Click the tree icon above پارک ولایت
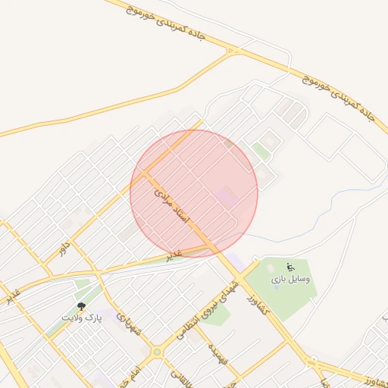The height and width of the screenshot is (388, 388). pos(82,306)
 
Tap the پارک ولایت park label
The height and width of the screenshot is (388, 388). pos(82,317)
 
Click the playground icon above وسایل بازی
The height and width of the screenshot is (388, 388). pos(289,267)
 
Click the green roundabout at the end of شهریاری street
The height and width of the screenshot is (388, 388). pos(156,352)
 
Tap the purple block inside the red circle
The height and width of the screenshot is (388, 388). pos(225,196)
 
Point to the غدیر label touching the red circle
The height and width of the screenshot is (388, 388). pos(175,255)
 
